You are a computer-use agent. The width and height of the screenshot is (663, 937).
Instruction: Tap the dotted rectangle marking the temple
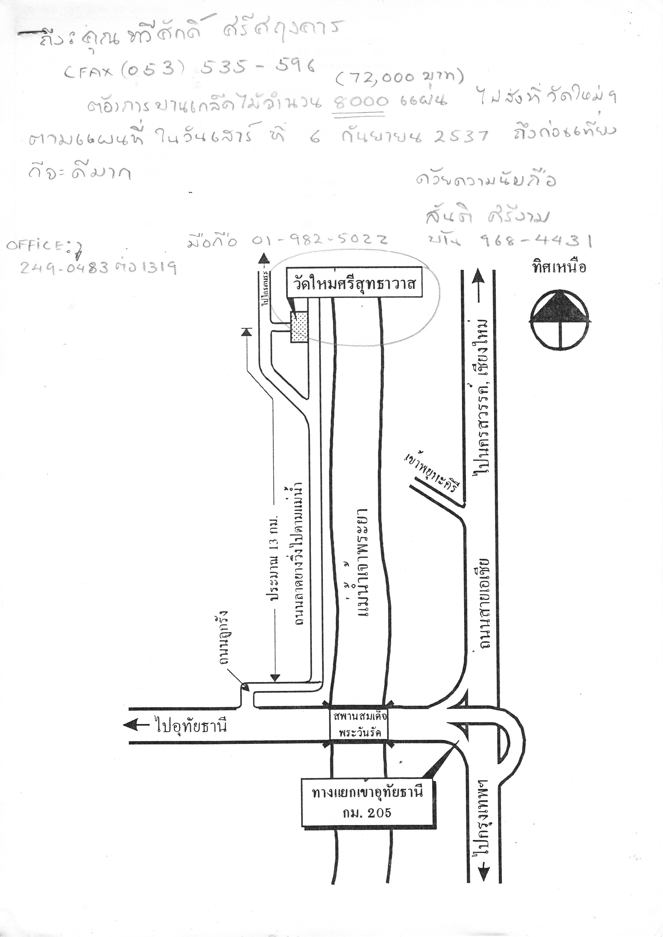pyautogui.click(x=299, y=327)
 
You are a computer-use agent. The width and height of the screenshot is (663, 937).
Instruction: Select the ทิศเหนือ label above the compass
pyautogui.click(x=559, y=267)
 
